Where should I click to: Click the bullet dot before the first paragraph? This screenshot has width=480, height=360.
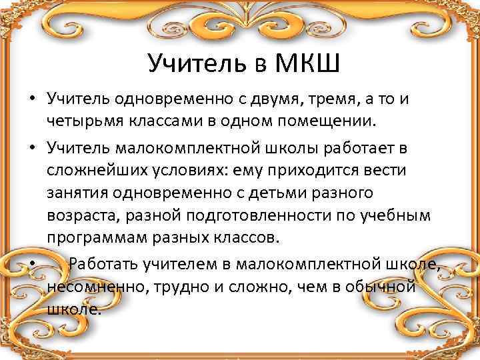coord(32,99)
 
